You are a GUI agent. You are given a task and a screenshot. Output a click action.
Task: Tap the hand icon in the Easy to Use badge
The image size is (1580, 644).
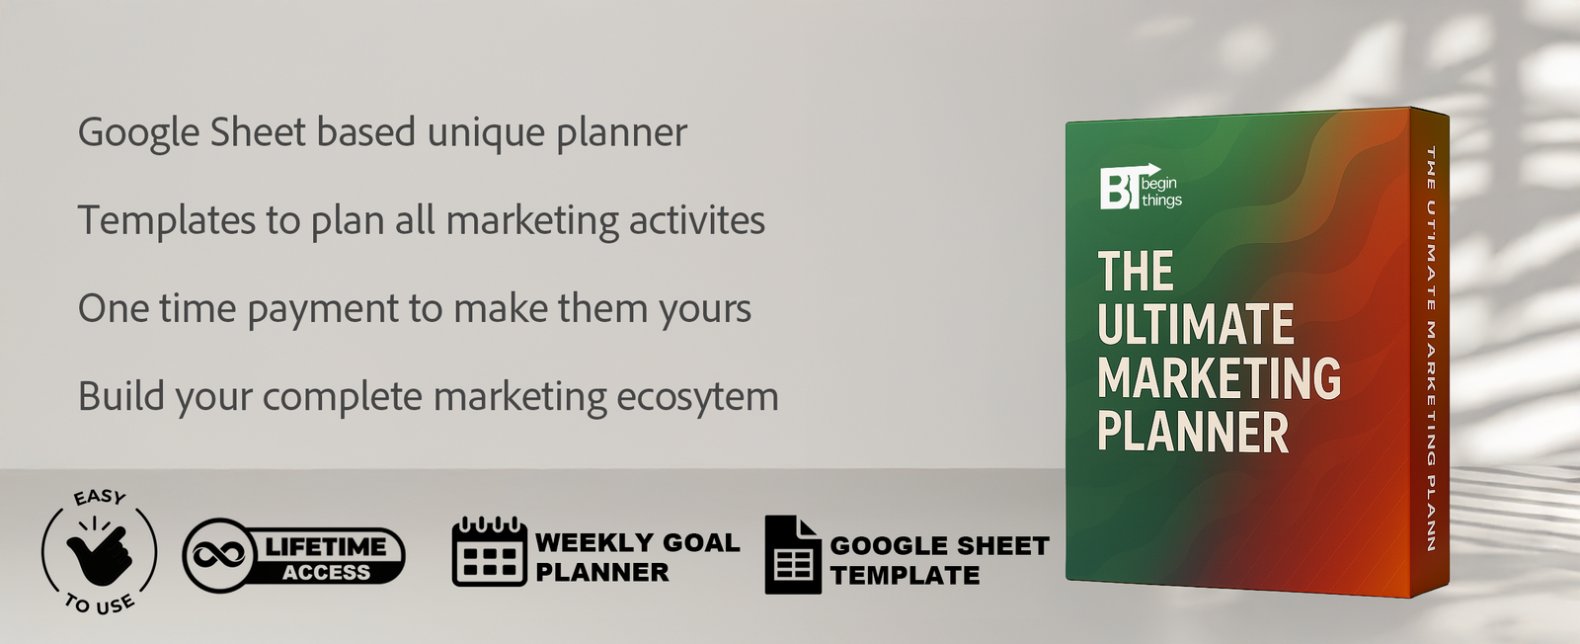99,552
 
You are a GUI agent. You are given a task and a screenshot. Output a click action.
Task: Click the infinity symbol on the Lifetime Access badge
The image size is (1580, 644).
219,556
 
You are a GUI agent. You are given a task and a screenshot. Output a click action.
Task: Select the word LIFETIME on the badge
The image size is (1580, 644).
326,546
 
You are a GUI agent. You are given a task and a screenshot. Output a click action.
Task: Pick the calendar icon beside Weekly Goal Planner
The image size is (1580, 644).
489,552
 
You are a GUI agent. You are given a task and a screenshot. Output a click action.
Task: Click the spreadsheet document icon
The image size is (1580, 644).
792,555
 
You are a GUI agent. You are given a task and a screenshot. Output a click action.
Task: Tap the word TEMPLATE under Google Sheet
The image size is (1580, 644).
905,575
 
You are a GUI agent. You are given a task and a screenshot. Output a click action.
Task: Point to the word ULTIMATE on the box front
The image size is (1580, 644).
1195,325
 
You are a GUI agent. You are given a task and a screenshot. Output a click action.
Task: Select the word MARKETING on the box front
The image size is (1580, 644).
1219,378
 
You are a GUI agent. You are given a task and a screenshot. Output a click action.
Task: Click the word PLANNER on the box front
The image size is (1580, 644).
1193,433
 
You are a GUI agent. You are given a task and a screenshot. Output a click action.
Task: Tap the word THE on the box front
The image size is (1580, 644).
1136,272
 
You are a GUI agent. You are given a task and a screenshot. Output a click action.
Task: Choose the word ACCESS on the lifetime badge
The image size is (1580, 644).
326,573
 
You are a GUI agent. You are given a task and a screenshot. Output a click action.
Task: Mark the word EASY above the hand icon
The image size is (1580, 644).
101,497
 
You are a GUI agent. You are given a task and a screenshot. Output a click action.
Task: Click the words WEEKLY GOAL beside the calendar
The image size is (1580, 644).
637,542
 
